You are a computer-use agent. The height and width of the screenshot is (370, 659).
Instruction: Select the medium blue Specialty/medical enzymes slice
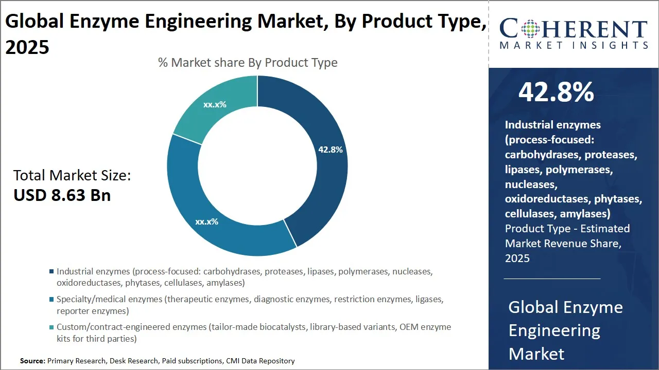(x=206, y=206)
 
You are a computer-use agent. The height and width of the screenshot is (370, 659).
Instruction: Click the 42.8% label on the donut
(x=330, y=150)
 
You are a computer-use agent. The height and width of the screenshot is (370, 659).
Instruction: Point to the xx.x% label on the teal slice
(x=215, y=104)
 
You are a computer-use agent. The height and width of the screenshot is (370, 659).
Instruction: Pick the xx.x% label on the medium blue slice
(x=206, y=222)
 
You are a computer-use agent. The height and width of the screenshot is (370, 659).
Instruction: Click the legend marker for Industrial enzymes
(x=51, y=271)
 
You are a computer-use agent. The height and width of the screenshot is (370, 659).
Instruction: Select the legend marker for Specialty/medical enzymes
(x=51, y=299)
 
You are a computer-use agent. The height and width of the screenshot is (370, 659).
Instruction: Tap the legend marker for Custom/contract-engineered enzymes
(x=51, y=327)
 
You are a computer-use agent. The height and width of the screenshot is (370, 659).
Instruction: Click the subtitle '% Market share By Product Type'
(x=248, y=63)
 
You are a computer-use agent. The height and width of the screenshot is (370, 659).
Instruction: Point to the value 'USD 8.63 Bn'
(x=62, y=195)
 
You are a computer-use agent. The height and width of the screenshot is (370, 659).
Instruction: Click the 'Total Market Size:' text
(x=72, y=176)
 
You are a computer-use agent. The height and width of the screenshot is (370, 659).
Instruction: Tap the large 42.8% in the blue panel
(x=556, y=92)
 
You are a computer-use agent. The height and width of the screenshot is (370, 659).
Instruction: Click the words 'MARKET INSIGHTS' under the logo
(x=573, y=46)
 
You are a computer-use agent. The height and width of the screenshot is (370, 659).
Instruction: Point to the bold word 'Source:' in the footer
(x=32, y=361)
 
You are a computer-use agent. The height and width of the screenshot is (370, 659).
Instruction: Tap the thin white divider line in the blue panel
(x=551, y=279)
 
